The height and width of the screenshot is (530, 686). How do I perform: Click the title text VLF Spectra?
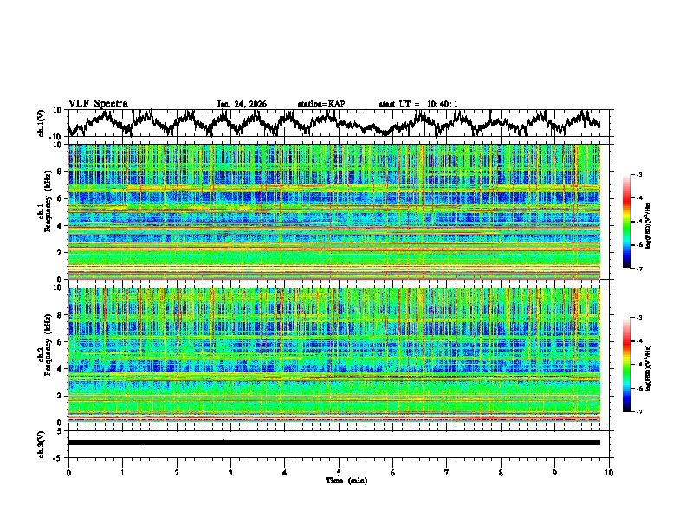98,103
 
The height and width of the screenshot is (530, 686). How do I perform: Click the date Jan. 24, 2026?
242,104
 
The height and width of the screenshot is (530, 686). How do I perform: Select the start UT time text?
418,104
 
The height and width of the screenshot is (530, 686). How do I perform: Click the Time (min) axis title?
339,480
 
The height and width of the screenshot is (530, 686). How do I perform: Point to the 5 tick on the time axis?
339,472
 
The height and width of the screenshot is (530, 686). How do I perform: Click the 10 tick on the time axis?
609,472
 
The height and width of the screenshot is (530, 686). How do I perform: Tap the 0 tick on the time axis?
68,472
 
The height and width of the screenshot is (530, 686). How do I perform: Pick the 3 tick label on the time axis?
230,472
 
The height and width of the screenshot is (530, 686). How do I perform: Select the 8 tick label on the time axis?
501,472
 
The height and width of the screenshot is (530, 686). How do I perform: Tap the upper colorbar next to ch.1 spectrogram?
626,221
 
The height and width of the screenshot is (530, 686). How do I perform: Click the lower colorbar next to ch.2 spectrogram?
626,364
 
